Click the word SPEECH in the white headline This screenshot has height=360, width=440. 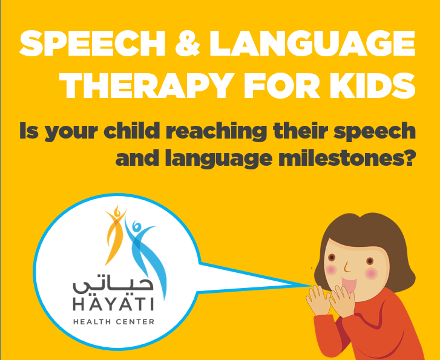pos(93,43)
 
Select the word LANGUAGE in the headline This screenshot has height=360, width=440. pos(312,43)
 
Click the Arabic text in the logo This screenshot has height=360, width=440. pos(113,286)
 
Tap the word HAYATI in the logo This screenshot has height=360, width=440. pos(113,304)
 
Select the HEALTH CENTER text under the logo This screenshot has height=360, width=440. pos(114,321)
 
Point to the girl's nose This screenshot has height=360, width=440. pos(347,267)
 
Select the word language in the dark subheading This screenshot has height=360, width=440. pos(218,159)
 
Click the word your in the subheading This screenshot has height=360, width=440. pos(73,133)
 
